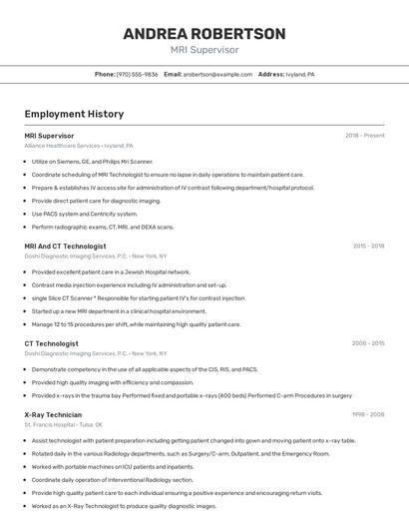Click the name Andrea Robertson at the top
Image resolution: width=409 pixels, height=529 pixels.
click(x=204, y=34)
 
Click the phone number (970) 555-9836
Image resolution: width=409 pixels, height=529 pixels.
click(x=138, y=74)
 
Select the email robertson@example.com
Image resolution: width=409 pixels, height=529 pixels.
click(x=217, y=74)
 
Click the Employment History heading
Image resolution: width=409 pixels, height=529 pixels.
click(x=74, y=114)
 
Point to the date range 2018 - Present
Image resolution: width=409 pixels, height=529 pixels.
click(x=365, y=135)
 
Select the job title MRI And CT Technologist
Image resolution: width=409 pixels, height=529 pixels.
click(x=65, y=246)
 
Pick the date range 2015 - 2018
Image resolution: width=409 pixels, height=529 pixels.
click(x=368, y=246)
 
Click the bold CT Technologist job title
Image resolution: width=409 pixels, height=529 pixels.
click(x=51, y=343)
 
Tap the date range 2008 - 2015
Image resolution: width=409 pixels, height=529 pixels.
click(x=368, y=343)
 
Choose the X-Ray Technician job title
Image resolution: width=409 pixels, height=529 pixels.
click(x=53, y=414)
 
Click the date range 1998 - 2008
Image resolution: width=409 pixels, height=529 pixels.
click(x=368, y=414)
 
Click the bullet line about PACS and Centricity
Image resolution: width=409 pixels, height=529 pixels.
click(x=85, y=214)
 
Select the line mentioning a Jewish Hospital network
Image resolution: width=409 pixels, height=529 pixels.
click(x=111, y=271)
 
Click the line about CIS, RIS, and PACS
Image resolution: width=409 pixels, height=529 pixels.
click(x=145, y=369)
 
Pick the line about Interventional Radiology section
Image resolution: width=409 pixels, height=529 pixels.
click(x=112, y=479)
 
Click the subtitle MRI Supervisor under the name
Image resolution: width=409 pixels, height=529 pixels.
click(x=204, y=50)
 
